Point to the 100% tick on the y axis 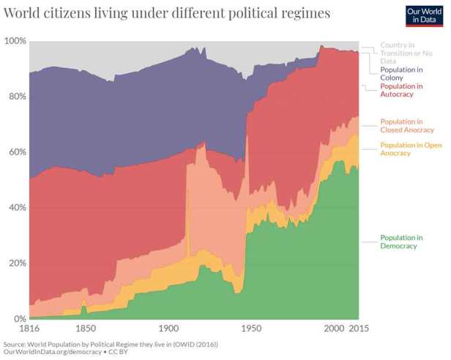point(15,41)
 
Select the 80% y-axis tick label point(16,97)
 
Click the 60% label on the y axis point(16,152)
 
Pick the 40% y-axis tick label point(16,208)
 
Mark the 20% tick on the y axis point(16,263)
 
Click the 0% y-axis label point(19,319)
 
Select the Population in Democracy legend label point(401,241)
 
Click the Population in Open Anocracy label point(409,149)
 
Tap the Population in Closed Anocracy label point(403,126)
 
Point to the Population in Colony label point(401,74)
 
